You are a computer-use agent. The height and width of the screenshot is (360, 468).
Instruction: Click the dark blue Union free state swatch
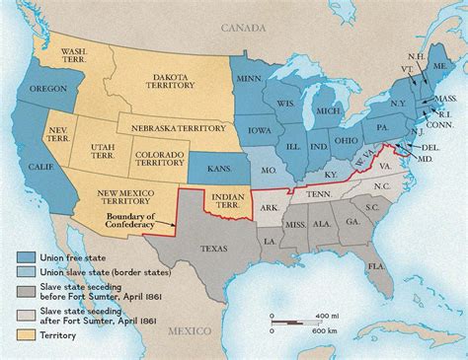tap(32, 256)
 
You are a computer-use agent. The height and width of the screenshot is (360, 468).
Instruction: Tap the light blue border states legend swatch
tap(32, 272)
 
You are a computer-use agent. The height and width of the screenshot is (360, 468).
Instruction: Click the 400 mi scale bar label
tap(324, 313)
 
